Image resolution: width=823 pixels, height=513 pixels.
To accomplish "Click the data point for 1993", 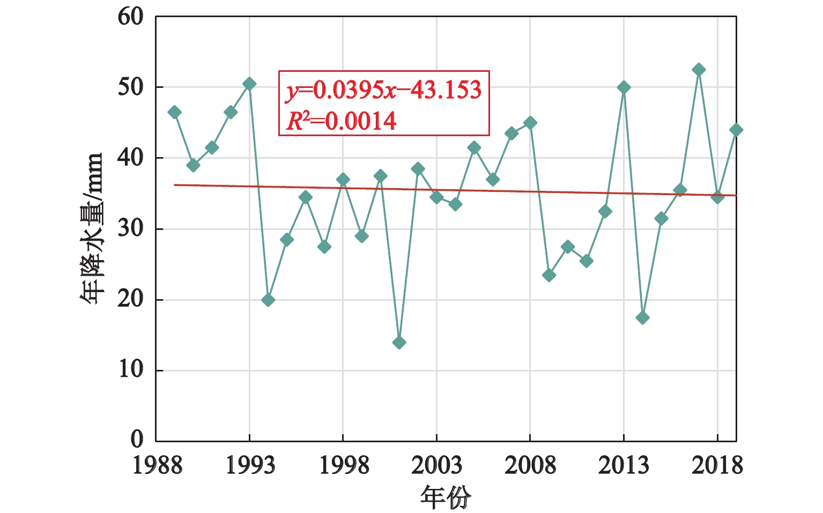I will click(249, 84).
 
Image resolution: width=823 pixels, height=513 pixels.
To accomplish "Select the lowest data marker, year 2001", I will click(399, 343).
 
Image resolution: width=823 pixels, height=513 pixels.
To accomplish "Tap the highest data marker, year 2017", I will click(699, 70).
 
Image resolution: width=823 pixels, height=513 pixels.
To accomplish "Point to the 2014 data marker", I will click(642, 318).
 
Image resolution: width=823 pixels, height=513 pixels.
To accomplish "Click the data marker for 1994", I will click(268, 300).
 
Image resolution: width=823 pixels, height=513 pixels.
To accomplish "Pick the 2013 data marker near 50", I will click(624, 87).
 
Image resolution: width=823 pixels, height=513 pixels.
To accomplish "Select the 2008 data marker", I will click(530, 123).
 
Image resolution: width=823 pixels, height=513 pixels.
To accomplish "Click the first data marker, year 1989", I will click(174, 112).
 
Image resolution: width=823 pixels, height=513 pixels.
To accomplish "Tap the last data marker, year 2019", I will click(736, 130).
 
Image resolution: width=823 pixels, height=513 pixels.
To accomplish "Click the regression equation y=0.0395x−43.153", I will click(384, 90).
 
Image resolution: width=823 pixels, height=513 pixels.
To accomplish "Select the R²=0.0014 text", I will click(342, 121).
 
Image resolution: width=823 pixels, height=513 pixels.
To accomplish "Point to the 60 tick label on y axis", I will click(131, 17).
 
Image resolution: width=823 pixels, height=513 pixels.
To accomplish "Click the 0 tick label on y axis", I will click(138, 440).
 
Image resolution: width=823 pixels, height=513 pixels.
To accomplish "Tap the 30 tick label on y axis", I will click(131, 228).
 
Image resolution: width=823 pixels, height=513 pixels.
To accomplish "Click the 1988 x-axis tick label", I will click(157, 465).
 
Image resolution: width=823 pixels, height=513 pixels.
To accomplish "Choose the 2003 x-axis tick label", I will click(436, 465).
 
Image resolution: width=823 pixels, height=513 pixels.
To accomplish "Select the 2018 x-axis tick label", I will click(717, 465).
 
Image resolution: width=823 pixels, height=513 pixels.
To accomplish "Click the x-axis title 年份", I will click(446, 497).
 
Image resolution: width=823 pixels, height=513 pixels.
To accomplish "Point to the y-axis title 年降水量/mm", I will click(92, 228).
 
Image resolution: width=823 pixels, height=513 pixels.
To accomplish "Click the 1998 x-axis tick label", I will click(343, 465).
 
